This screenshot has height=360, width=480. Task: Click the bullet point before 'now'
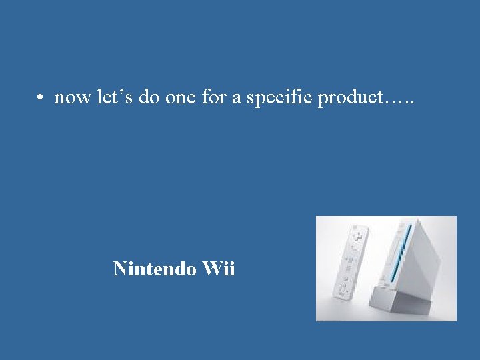click(x=41, y=99)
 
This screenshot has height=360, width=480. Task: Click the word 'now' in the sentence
click(x=72, y=99)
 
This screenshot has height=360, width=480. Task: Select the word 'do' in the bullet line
click(x=148, y=97)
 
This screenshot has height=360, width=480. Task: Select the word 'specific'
click(x=280, y=99)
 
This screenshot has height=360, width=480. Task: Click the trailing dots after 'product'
click(x=400, y=103)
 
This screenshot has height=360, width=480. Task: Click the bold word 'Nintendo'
click(x=153, y=269)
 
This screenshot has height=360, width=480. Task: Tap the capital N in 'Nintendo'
click(x=121, y=269)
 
